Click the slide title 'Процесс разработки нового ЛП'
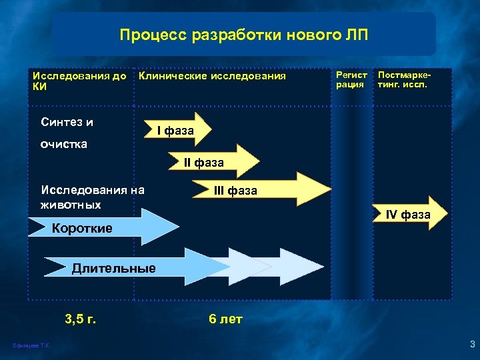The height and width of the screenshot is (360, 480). click(x=243, y=34)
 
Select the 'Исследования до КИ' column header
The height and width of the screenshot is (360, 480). click(x=79, y=81)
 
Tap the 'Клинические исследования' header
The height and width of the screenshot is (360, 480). click(x=212, y=76)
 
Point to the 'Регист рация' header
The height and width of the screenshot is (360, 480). click(x=351, y=80)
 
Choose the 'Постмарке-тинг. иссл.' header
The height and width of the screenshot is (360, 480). click(x=404, y=80)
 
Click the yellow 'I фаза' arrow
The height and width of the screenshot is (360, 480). click(x=176, y=131)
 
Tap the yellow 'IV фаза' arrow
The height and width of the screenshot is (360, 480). click(x=407, y=214)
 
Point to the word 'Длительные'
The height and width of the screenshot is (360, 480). click(x=113, y=269)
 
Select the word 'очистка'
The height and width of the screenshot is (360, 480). click(x=63, y=144)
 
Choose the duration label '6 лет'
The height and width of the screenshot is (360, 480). click(x=225, y=319)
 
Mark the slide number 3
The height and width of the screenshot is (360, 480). click(x=471, y=344)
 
